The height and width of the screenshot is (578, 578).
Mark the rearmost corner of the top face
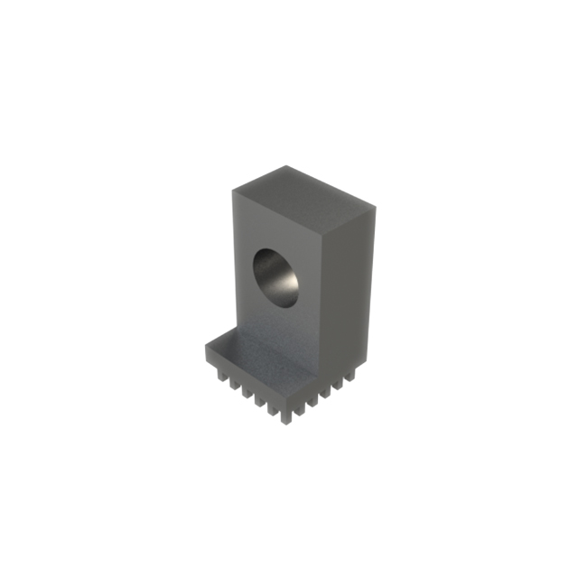click(x=287, y=167)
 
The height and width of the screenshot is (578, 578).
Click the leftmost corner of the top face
click(x=232, y=191)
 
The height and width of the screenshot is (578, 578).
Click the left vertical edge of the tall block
click(x=232, y=262)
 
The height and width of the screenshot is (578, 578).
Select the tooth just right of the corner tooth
click(x=301, y=408)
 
